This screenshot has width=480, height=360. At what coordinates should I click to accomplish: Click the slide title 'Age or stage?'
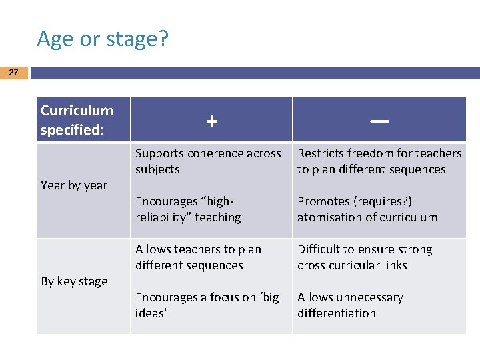[103, 39]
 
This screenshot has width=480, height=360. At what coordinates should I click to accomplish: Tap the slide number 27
[13, 73]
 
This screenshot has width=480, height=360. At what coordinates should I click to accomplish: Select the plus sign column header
[211, 121]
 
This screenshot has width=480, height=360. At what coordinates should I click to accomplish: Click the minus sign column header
[379, 121]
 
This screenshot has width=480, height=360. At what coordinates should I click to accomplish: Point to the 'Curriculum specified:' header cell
[77, 120]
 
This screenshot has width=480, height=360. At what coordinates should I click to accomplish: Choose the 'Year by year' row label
[74, 185]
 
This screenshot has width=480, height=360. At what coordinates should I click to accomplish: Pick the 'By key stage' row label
[74, 281]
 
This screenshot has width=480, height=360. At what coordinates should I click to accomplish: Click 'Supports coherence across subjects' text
[208, 161]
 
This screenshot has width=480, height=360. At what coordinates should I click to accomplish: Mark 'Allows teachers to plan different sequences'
[199, 257]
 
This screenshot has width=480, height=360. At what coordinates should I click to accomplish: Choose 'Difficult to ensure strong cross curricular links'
[365, 257]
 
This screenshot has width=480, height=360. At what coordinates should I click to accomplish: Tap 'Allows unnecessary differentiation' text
[350, 305]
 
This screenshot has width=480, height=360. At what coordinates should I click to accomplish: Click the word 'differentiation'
[337, 313]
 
